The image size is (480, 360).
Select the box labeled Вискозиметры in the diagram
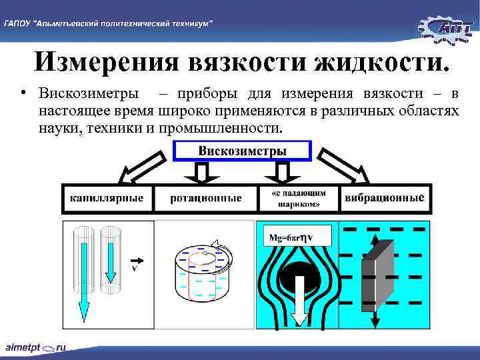(242, 151)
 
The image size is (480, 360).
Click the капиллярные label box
(107, 198)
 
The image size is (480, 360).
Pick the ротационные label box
(205, 198)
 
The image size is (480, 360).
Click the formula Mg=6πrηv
(291, 236)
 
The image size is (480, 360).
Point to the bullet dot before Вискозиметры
(23, 91)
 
